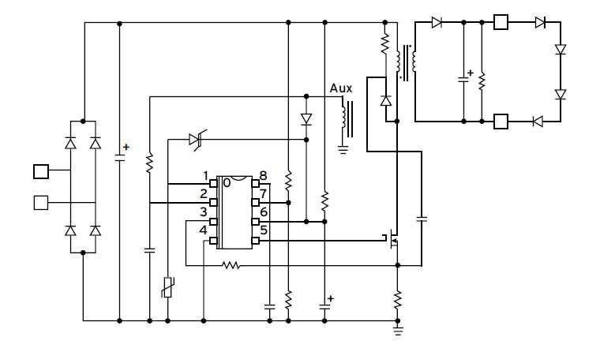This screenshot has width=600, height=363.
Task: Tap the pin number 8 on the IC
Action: coord(264,176)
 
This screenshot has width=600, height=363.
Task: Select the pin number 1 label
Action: coord(204,176)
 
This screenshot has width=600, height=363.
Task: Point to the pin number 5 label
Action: coord(264,231)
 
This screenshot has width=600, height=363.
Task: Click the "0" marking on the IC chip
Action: coord(227,182)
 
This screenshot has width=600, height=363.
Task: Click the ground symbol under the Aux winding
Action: coord(343,148)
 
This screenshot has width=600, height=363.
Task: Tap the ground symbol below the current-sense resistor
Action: coord(397,331)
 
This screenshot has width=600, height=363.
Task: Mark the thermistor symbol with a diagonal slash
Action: coord(168,288)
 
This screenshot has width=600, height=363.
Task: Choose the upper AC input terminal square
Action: coord(41,171)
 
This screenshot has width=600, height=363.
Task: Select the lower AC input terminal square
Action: coord(41,203)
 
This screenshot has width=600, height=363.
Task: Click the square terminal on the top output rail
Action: coord(501,22)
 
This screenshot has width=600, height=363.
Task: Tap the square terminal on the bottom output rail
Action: coord(501,122)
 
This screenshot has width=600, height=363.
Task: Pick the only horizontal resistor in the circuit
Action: coord(231,266)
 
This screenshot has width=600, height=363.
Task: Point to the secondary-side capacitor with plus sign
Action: coord(463,78)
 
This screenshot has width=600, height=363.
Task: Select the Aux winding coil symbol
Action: coord(343,117)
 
